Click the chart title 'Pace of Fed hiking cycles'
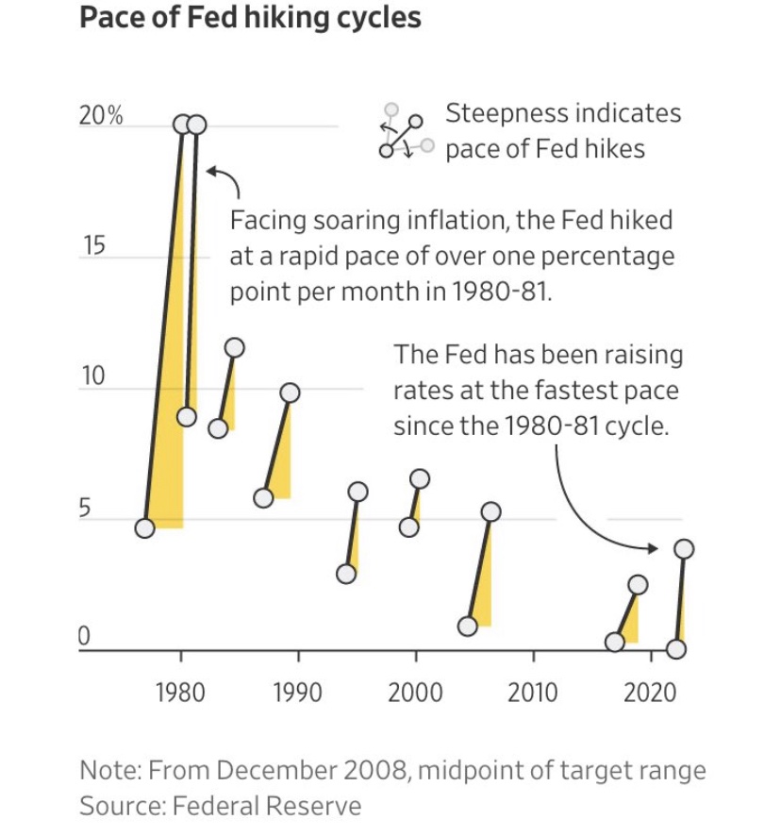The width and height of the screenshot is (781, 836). pyautogui.click(x=250, y=19)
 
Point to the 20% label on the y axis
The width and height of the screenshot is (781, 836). pyautogui.click(x=101, y=117)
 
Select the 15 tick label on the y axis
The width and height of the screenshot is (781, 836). pyautogui.click(x=91, y=247)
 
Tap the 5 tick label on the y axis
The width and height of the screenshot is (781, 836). pyautogui.click(x=85, y=510)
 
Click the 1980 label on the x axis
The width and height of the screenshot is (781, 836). pyautogui.click(x=179, y=694)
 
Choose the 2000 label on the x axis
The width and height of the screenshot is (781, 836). pyautogui.click(x=415, y=694)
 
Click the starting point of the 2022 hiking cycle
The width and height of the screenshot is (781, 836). pyautogui.click(x=676, y=649)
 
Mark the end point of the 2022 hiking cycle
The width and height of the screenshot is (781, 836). pyautogui.click(x=685, y=548)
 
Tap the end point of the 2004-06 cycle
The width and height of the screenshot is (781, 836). pyautogui.click(x=490, y=511)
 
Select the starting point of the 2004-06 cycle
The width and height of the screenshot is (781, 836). pyautogui.click(x=467, y=626)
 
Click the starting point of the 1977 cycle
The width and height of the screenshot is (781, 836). pyautogui.click(x=144, y=528)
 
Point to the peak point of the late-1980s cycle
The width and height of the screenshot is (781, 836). pyautogui.click(x=291, y=393)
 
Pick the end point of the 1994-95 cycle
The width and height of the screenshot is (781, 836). pyautogui.click(x=357, y=491)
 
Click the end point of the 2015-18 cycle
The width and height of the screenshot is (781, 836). pyautogui.click(x=639, y=584)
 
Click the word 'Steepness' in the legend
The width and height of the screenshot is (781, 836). pyautogui.click(x=503, y=114)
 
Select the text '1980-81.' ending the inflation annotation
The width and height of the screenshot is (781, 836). pyautogui.click(x=501, y=291)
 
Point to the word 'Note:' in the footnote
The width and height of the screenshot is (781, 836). pyautogui.click(x=108, y=771)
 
